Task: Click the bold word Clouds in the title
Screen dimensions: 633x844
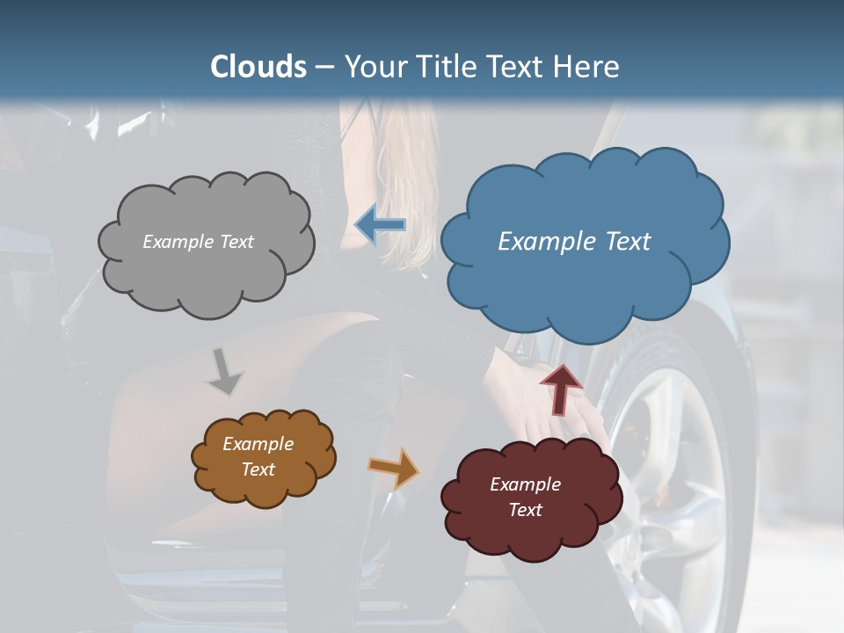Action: point(258,67)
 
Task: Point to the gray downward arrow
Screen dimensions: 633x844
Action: point(225,372)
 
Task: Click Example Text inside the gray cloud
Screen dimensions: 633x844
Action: point(198,242)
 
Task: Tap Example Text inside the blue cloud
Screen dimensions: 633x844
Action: point(574,242)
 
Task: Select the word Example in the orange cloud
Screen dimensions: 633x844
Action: point(258,444)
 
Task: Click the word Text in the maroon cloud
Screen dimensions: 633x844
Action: point(525,510)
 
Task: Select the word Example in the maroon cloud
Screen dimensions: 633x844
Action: point(525,484)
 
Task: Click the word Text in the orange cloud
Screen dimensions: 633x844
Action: point(258,469)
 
